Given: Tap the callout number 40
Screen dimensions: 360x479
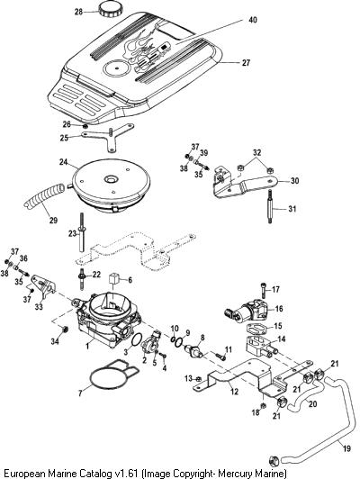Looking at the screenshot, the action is click(253, 20).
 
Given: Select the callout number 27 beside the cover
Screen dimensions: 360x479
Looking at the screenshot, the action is click(246, 63).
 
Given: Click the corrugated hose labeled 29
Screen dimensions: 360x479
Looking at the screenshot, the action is click(44, 199).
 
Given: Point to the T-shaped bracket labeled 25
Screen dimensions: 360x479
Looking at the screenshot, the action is click(107, 137).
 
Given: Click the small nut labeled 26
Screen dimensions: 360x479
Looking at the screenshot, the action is click(85, 126).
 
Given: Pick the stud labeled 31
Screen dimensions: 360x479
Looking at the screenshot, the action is click(270, 206).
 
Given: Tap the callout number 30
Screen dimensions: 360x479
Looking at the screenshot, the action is click(294, 181).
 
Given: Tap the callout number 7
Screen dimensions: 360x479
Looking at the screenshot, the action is click(80, 393).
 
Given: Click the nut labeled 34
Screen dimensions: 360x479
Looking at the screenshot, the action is click(65, 330).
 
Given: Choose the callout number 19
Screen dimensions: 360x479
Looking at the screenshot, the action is click(346, 448).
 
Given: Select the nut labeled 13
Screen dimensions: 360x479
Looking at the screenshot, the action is click(198, 379).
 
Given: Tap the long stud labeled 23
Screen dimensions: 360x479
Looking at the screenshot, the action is click(82, 232).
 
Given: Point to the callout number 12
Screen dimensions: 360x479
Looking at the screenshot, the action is click(234, 392).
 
